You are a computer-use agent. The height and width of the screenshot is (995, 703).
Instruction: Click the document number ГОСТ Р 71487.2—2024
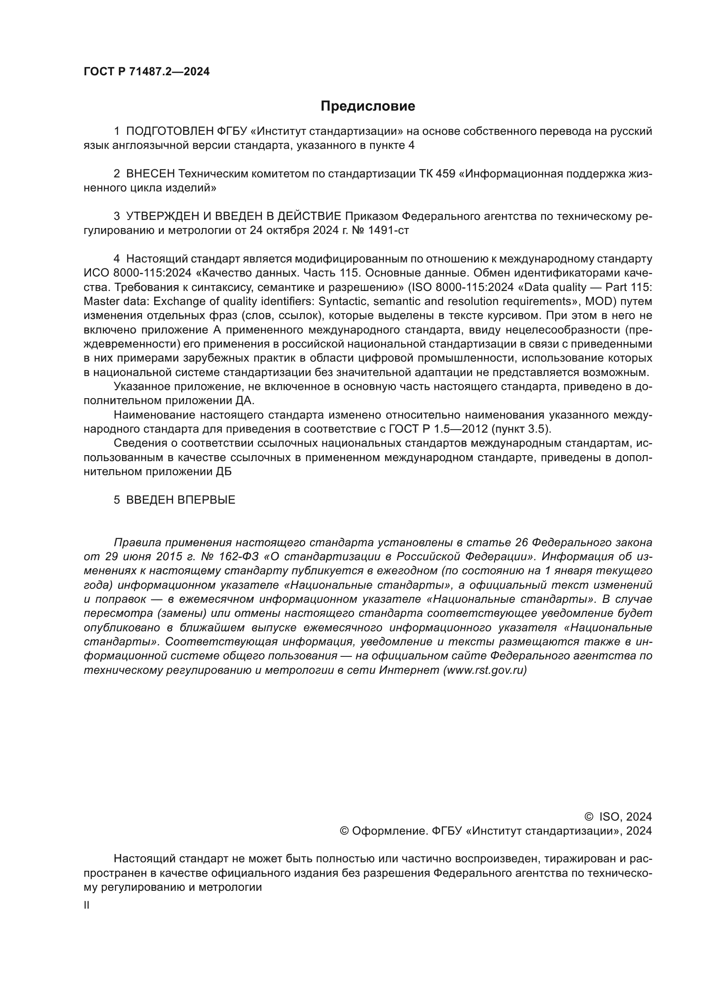click(146, 72)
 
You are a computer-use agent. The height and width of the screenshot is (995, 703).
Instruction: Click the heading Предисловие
click(368, 106)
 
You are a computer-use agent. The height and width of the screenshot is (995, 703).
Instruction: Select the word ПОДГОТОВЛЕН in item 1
click(169, 131)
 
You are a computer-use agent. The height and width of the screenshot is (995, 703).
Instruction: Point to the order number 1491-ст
click(388, 230)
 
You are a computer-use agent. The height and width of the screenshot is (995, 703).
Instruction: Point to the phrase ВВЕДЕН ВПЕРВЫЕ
click(181, 500)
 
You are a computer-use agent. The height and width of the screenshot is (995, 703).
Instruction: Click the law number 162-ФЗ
click(239, 556)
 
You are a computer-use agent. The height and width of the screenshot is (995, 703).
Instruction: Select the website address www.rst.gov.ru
click(485, 670)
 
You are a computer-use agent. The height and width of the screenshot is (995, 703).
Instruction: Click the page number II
click(87, 905)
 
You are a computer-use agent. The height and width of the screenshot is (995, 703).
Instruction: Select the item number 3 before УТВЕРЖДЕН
click(116, 216)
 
